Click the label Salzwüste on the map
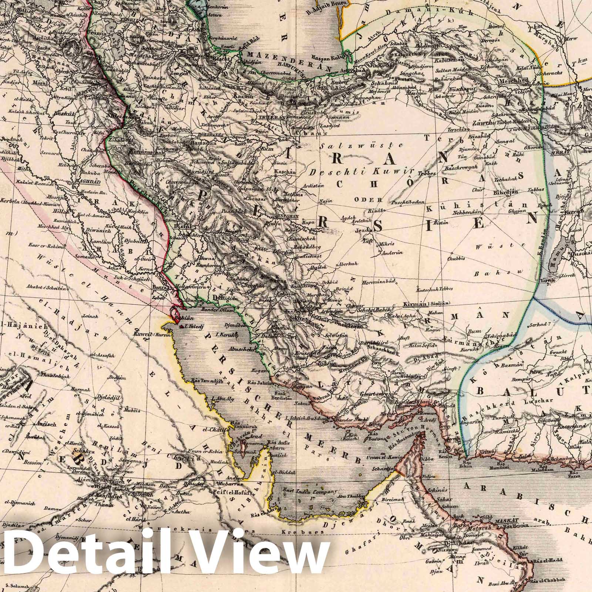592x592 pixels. tap(342, 145)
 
